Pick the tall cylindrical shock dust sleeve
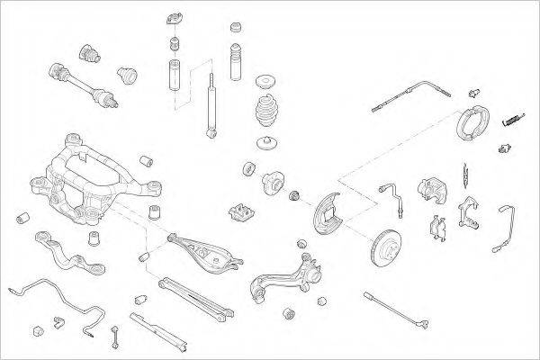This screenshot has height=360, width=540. point(174,77)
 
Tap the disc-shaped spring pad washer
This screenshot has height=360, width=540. point(267,144)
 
